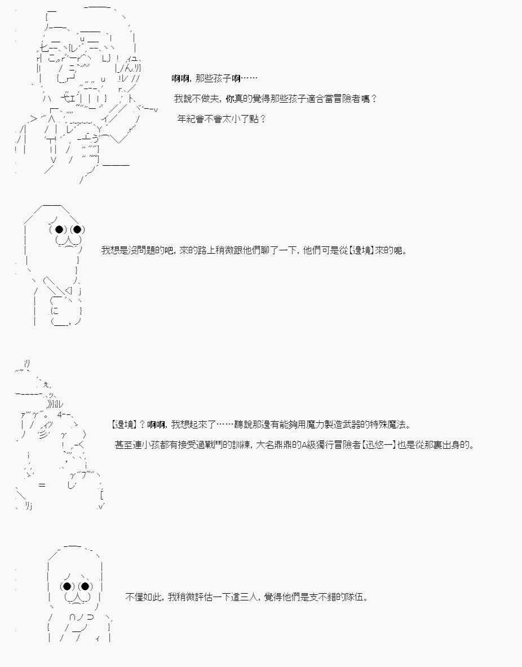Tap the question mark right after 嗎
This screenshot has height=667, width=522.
pyautogui.click(x=374, y=99)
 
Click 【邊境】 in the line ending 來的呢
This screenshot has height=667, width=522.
pyautogui.click(x=361, y=250)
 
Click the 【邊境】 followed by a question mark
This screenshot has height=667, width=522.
pyautogui.click(x=124, y=424)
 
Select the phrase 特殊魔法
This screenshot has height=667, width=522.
pyautogui.click(x=388, y=424)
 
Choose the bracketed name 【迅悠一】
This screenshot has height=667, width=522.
pyautogui.click(x=379, y=445)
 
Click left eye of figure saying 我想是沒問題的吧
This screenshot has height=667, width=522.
pyautogui.click(x=59, y=229)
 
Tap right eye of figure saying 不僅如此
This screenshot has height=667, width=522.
pyautogui.click(x=85, y=586)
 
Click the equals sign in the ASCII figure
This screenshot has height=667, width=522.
pyautogui.click(x=42, y=484)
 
